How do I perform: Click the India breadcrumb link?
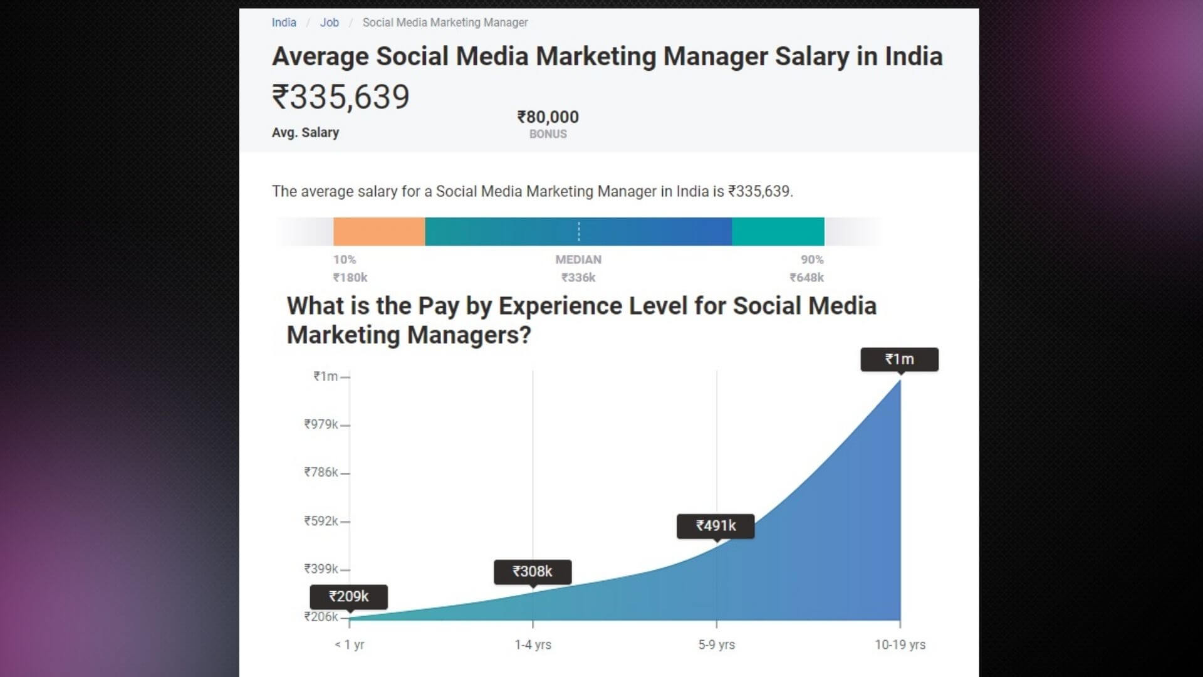pos(284,23)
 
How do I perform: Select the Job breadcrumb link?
pos(329,23)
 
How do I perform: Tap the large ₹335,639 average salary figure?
pos(341,97)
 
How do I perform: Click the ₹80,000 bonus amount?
pos(548,117)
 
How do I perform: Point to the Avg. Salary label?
pos(305,133)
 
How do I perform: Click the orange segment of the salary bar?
pos(379,231)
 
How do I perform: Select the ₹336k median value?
pos(578,278)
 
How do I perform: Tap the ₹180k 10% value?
pos(350,278)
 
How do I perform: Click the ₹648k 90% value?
pos(806,278)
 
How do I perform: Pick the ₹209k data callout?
pos(349,597)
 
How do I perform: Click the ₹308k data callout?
pos(533,572)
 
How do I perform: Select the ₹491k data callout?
pos(716,526)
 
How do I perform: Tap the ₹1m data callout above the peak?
pos(899,359)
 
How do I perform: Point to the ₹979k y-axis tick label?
pos(321,424)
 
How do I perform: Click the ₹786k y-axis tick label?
pos(321,473)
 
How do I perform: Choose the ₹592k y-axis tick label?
pos(321,521)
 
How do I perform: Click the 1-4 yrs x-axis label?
pos(533,644)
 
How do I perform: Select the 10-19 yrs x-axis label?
pos(900,644)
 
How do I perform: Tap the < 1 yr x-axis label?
pos(349,644)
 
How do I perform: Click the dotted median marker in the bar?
pos(579,231)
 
